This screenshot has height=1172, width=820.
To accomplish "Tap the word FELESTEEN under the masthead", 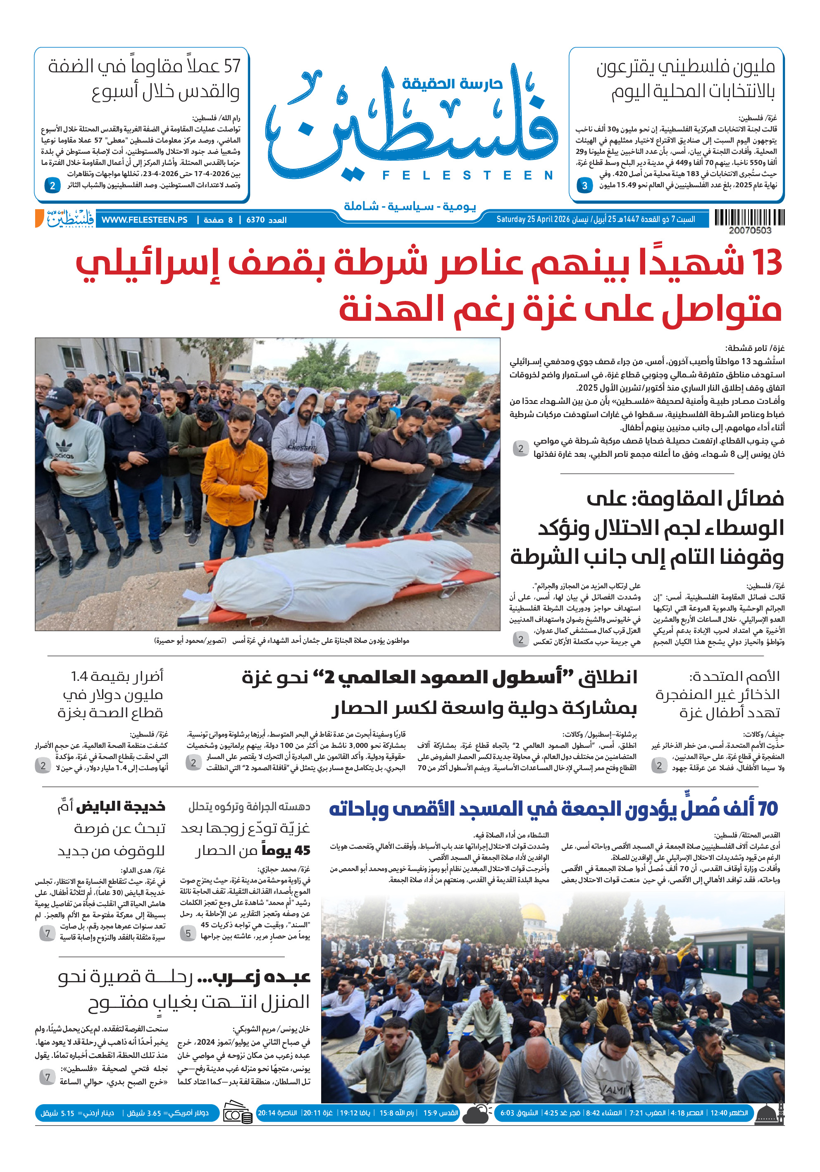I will (x=467, y=175).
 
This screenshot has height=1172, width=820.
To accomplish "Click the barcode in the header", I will (x=749, y=217).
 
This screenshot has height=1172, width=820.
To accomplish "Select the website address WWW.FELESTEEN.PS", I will (x=144, y=220).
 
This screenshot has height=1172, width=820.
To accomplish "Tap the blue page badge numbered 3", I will (x=585, y=186).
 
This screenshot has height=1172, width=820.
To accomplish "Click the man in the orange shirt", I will (x=234, y=470).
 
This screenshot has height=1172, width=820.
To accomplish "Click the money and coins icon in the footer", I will (x=237, y=1114).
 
